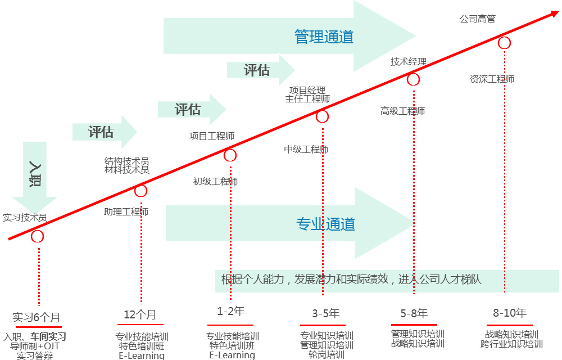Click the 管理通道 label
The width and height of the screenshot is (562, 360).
[324, 37]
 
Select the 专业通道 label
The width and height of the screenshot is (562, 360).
[325, 224]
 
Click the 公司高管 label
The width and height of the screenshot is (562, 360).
[477, 19]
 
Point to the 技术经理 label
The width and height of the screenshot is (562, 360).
[409, 62]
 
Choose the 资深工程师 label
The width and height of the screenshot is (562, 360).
[492, 79]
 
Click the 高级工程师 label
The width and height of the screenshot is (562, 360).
[402, 111]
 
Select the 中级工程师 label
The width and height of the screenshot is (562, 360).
[306, 149]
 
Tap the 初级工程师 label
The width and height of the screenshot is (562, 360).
[215, 181]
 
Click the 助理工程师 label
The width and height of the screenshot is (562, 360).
[126, 212]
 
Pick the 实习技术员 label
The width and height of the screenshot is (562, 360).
[24, 217]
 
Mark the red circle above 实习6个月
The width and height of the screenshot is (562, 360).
[37, 236]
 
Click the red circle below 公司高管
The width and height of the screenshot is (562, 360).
[504, 43]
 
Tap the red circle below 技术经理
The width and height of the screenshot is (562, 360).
[413, 79]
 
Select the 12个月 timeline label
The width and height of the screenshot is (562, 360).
[140, 314]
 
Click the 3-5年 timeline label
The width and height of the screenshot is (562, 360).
[326, 313]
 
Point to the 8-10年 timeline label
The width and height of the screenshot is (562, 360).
[510, 313]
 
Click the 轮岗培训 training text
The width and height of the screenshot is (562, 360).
[327, 355]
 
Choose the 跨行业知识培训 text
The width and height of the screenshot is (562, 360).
[511, 344]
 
